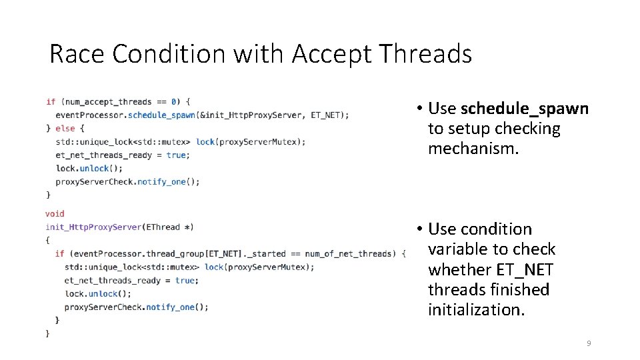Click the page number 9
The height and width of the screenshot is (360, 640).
[x=588, y=343]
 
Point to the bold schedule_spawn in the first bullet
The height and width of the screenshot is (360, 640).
[x=525, y=109]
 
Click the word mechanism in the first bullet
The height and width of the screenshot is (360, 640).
[x=473, y=149]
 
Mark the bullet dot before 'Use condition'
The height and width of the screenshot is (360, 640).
[x=417, y=229]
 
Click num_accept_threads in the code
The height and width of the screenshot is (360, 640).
[x=108, y=102]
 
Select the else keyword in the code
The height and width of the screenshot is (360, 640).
[x=65, y=129]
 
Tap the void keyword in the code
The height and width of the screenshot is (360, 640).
[x=55, y=214]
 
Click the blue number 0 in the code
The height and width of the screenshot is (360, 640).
[x=174, y=102]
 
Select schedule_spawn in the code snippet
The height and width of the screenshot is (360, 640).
[x=161, y=115]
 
